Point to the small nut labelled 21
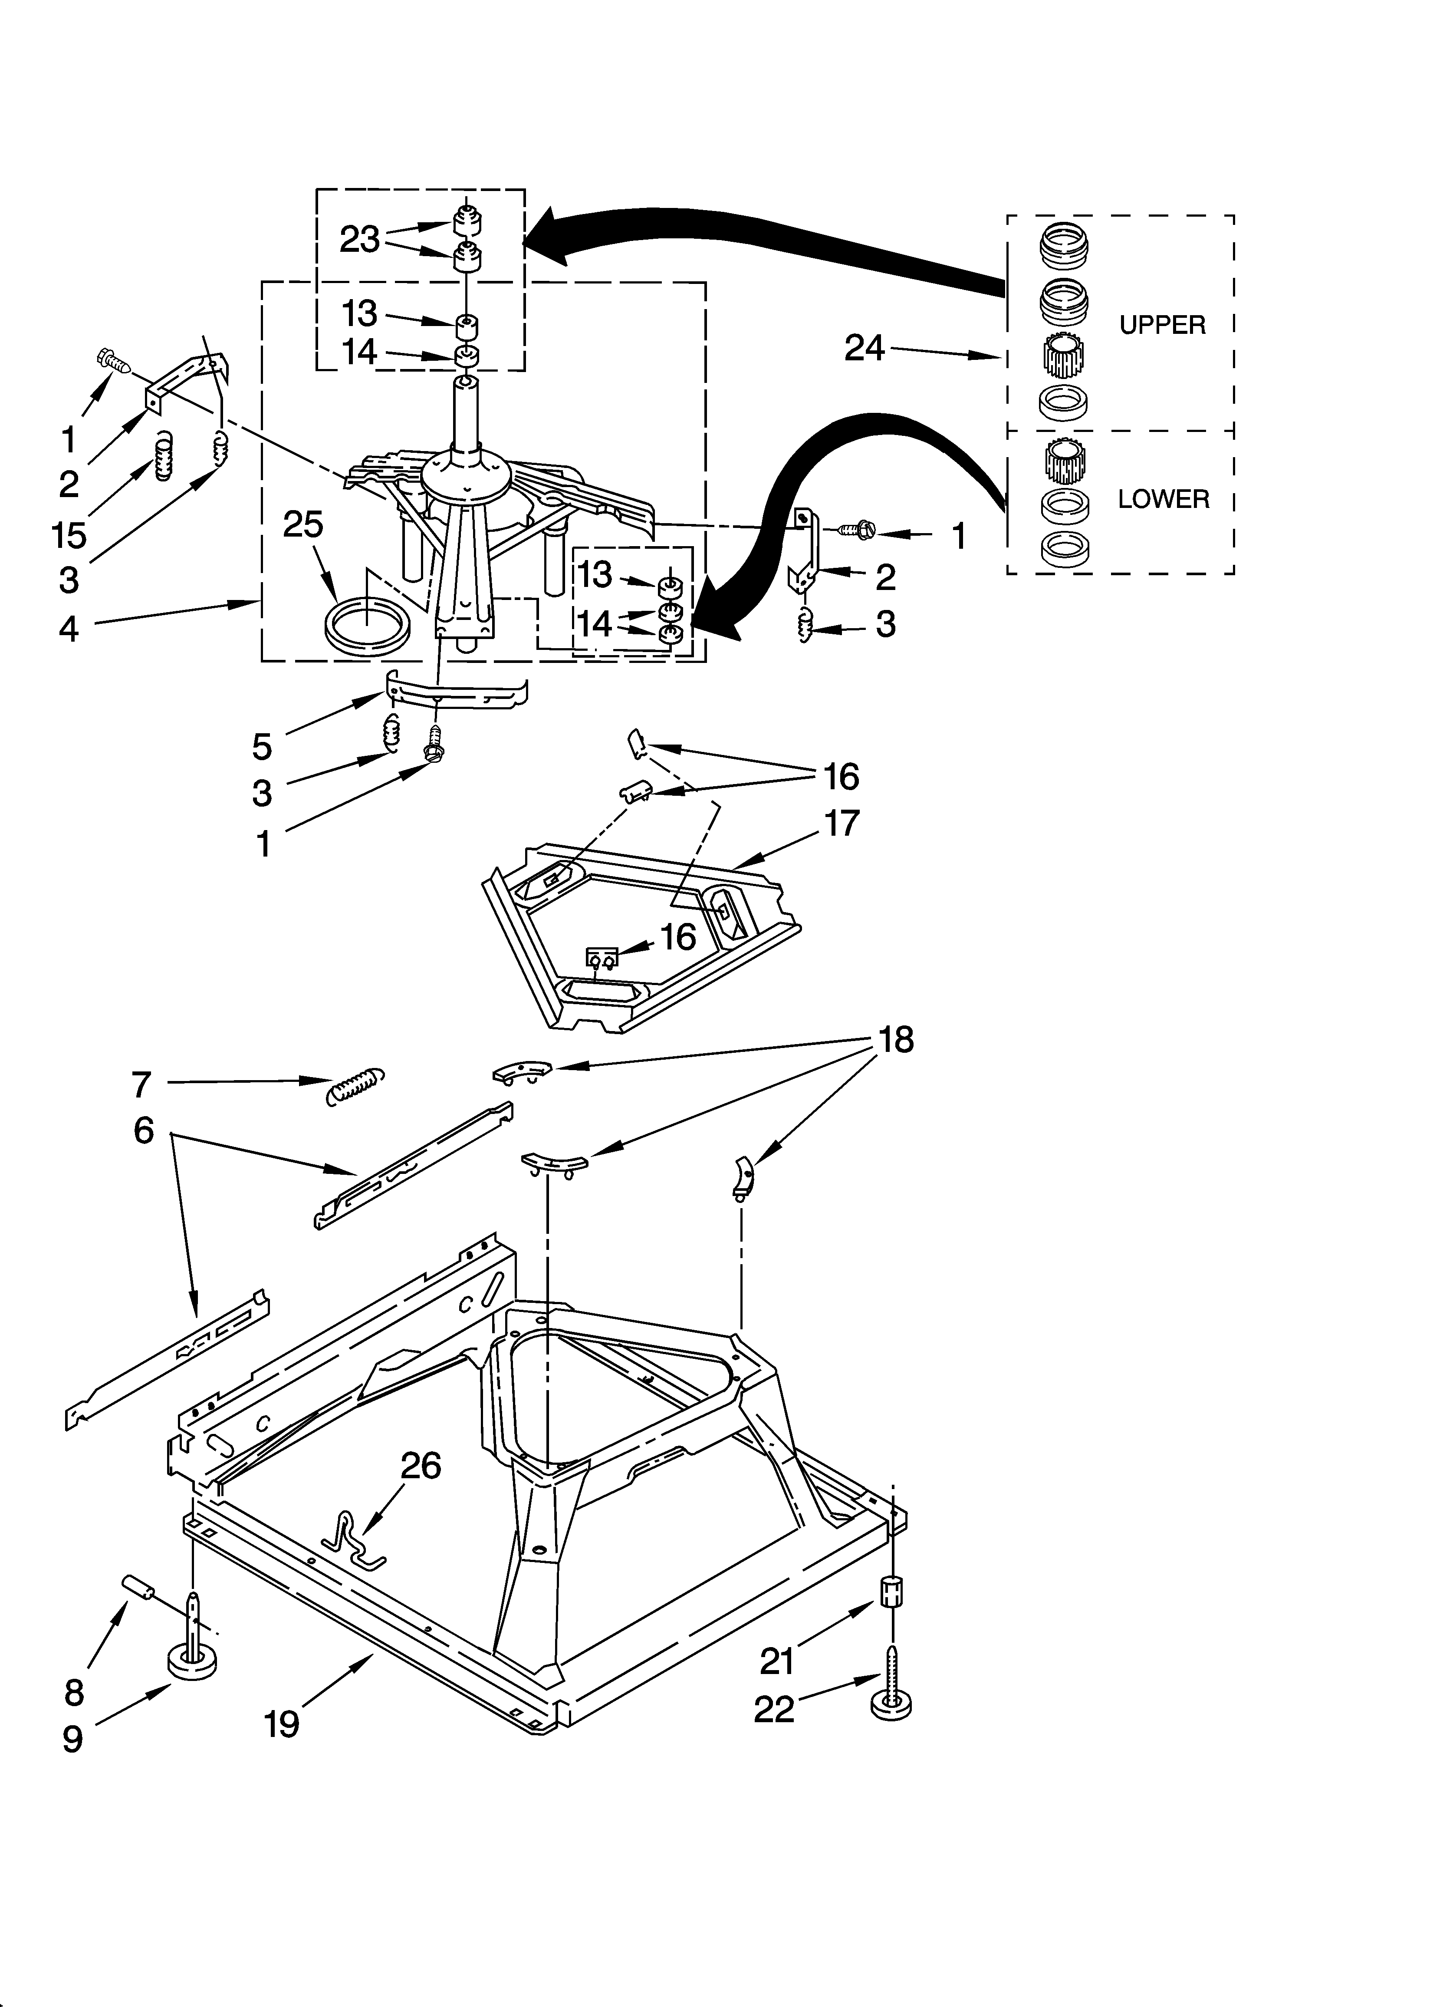point(892,1593)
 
